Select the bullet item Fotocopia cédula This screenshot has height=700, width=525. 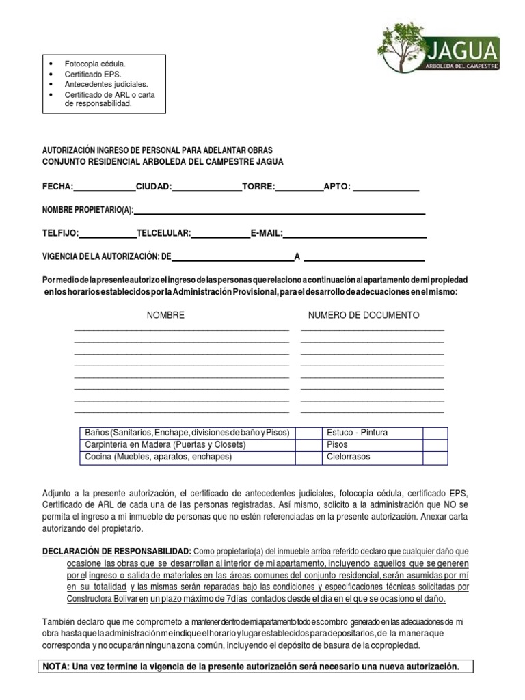pos(95,64)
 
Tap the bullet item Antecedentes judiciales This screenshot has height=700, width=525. pos(106,84)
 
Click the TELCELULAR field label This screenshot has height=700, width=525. pos(163,233)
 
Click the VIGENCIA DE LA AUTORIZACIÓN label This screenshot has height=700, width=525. pos(106,257)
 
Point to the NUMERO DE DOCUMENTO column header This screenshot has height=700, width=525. pos(364,315)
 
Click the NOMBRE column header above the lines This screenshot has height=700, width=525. pos(165,315)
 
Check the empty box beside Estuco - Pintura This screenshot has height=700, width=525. pos(435,433)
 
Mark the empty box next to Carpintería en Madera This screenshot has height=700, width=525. pos(308,444)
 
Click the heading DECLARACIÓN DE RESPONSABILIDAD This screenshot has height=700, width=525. pos(117,551)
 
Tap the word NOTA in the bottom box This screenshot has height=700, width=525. pos(56,666)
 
